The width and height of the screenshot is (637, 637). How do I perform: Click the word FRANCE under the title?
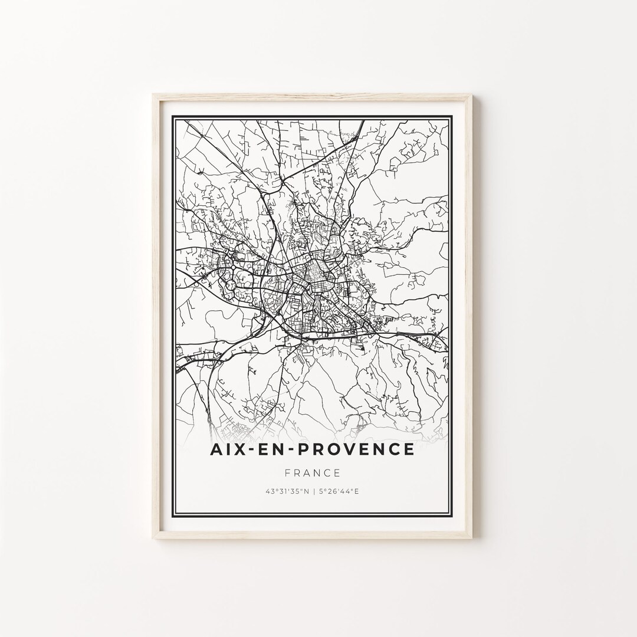[x=312, y=472]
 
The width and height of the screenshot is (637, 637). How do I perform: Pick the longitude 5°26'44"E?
[x=339, y=491]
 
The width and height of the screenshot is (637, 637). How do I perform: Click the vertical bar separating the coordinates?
[x=313, y=491]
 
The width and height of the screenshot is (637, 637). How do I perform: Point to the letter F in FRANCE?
[x=287, y=472]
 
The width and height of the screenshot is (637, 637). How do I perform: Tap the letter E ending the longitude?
[x=357, y=491]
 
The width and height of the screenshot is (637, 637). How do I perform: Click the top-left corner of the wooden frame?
[x=153, y=95]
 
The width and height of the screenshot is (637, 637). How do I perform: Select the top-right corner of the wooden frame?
[x=471, y=95]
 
